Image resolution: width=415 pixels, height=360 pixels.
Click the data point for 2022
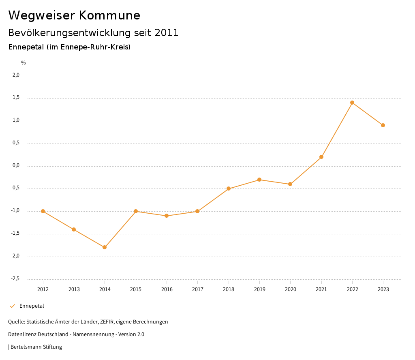click(x=352, y=103)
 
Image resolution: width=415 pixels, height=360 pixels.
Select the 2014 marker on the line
click(x=105, y=247)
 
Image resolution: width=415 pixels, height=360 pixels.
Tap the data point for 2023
click(x=383, y=125)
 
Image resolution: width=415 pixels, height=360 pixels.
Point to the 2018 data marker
click(x=229, y=189)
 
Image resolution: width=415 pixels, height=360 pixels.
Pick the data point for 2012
click(x=43, y=211)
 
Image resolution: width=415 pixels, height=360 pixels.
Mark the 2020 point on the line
click(x=290, y=184)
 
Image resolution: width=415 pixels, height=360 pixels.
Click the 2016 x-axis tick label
click(x=167, y=289)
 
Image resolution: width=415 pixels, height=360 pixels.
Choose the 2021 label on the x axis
click(x=321, y=289)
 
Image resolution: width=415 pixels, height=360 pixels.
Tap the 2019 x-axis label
click(x=259, y=289)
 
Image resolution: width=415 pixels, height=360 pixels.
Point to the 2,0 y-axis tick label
click(x=16, y=75)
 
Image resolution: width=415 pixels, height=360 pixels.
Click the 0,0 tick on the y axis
click(x=16, y=165)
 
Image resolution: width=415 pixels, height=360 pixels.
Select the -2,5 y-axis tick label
click(x=15, y=279)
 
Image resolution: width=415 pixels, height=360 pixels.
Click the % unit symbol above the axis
click(x=24, y=63)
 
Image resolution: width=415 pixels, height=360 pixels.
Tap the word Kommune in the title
click(x=109, y=15)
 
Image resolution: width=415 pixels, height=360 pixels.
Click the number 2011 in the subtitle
click(x=167, y=33)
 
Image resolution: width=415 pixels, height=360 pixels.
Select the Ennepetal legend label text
click(x=32, y=306)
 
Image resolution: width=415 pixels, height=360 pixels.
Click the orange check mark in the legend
click(x=12, y=306)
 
